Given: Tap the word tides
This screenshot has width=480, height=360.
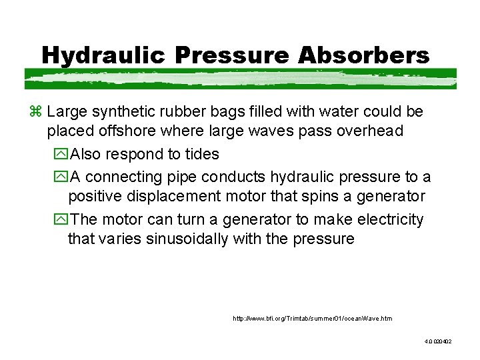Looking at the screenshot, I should pyautogui.click(x=201, y=154).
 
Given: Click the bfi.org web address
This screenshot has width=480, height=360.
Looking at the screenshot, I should pyautogui.click(x=312, y=319).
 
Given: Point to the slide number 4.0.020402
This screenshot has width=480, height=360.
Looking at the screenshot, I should pyautogui.click(x=437, y=341).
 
